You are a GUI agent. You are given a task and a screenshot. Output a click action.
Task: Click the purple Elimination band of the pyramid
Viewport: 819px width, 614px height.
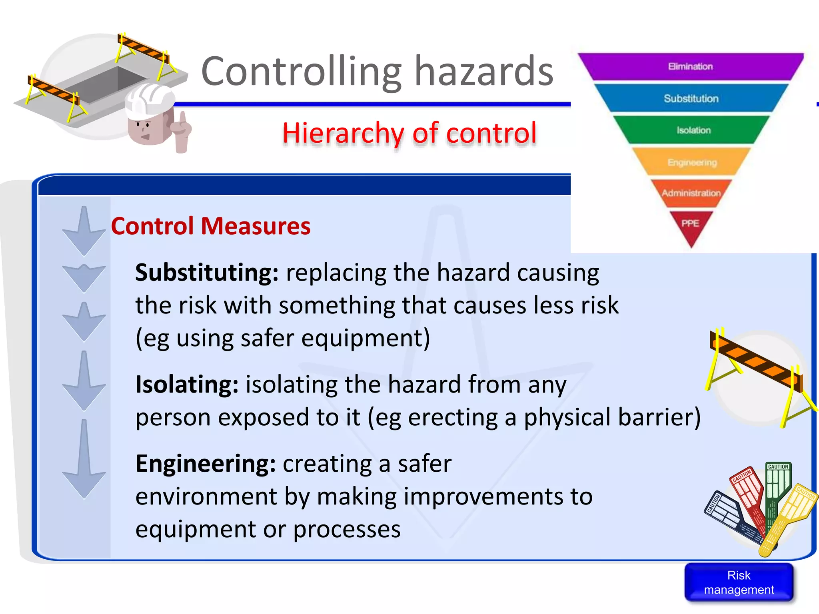pos(691,66)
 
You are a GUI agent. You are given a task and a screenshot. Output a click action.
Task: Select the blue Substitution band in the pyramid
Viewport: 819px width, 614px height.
pos(691,98)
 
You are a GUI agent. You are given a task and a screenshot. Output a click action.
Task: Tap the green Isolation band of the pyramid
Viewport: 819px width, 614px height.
pos(693,130)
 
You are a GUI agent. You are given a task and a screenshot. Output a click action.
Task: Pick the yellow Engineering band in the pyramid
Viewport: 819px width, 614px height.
pos(692,162)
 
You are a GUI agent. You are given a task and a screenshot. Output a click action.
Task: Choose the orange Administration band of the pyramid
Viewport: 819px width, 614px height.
pos(691,193)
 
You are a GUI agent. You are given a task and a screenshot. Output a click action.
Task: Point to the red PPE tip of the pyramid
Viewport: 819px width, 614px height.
pos(691,225)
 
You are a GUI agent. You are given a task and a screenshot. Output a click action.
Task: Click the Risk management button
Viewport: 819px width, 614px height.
pos(739,582)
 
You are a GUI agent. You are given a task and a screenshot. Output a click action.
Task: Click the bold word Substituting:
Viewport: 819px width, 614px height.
pos(207,273)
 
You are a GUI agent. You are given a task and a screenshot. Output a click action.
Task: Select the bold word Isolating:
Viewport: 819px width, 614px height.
pos(187,385)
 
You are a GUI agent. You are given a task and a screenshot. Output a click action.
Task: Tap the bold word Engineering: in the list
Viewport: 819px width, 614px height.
pos(206,464)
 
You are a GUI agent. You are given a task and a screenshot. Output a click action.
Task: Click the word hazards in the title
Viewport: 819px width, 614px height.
pos(483,72)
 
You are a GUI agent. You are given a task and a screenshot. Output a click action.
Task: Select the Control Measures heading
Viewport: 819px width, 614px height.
pos(211,226)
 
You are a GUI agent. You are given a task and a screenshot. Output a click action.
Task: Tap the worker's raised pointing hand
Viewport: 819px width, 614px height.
pos(182,130)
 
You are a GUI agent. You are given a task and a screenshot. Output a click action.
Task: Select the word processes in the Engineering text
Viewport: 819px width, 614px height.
pos(347,530)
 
